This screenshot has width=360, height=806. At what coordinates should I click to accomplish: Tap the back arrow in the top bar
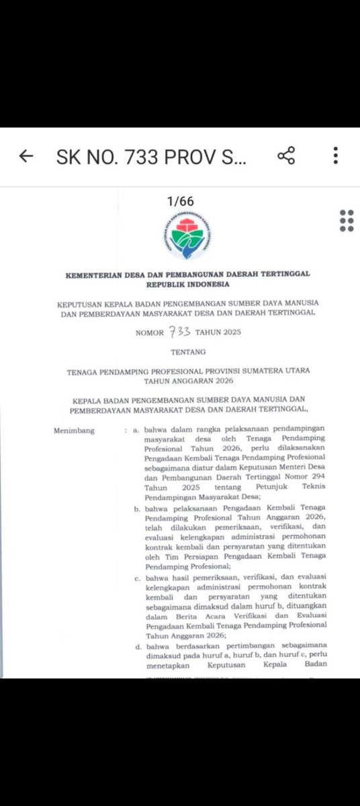tap(26, 156)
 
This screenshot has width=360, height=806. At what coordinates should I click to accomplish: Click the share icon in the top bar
tap(286, 156)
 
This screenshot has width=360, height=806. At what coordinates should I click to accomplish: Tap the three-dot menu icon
tap(335, 156)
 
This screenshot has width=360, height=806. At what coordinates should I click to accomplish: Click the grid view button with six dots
tap(347, 220)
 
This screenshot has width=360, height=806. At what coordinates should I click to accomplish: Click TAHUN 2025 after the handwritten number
tap(216, 332)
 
